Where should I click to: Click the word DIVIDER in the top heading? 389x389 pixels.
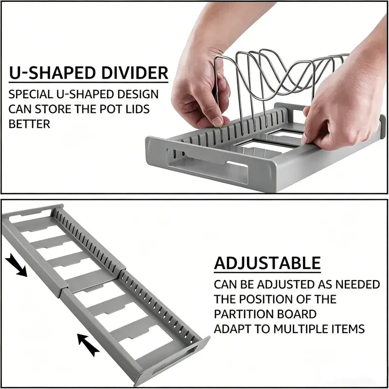[x=135, y=72]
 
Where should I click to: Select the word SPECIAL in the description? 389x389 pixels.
[x=31, y=94]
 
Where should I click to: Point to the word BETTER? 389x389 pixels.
[x=29, y=124]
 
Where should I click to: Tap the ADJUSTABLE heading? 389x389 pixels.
[x=267, y=263]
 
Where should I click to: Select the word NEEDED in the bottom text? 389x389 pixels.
[x=357, y=284]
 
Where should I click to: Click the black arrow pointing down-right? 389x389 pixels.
[x=16, y=265]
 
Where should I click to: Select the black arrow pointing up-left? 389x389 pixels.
[x=88, y=345]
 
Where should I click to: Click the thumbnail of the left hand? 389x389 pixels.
[x=217, y=121]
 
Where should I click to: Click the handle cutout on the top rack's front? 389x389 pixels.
[x=207, y=165]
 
